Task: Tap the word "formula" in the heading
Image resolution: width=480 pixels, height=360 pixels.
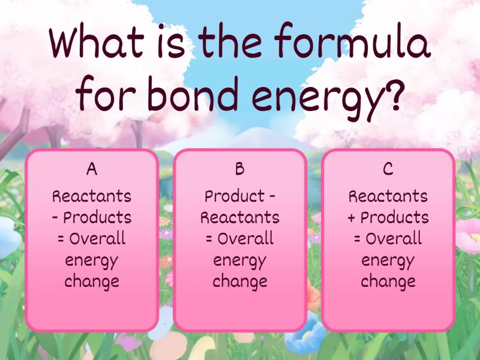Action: (353, 40)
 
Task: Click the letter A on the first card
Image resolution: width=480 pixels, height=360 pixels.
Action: (92, 169)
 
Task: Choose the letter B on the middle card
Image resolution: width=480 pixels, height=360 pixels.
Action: (239, 169)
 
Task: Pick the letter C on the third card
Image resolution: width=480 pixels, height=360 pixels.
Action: (388, 169)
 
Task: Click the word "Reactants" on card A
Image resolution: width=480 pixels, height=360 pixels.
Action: (92, 196)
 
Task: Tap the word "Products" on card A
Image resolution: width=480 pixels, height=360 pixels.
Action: (97, 217)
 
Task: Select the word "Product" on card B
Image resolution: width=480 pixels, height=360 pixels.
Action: (235, 196)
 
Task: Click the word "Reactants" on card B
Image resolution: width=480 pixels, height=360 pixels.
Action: (240, 217)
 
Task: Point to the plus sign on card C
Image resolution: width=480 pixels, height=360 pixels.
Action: (352, 218)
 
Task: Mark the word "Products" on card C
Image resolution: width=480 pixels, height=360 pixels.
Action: (395, 217)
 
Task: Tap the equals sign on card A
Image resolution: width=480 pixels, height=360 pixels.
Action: (61, 239)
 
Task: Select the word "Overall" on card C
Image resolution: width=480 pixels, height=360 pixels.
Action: (394, 238)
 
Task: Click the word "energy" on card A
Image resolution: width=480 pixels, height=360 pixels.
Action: (92, 261)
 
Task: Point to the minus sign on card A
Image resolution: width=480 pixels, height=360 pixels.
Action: (55, 218)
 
